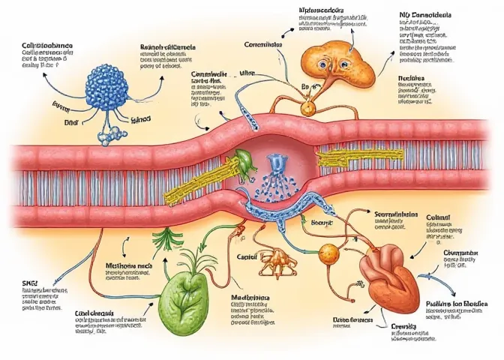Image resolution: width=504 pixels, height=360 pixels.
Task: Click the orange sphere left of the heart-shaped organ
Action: (328, 253)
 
